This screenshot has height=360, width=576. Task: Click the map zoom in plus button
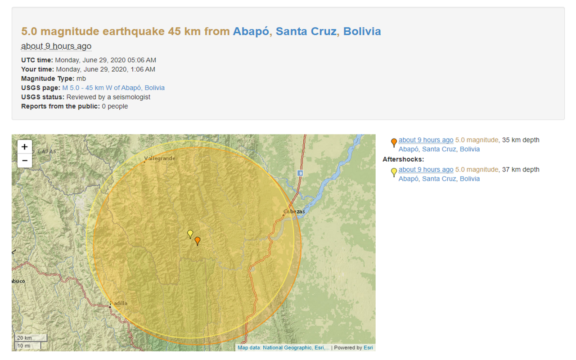coord(24,147)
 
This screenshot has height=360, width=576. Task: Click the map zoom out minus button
coord(24,161)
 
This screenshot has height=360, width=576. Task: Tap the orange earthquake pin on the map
coord(197,241)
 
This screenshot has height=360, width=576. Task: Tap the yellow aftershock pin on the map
coord(190,234)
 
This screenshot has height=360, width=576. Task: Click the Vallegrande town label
coord(160,158)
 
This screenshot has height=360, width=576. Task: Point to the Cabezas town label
coord(294,211)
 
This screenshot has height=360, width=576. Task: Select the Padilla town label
coord(119,303)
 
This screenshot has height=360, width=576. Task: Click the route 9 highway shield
coord(300,173)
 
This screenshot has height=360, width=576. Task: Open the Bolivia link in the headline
coord(362,31)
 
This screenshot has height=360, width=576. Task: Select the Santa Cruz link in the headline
coord(306,31)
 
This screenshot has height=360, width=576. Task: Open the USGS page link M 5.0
coord(113,88)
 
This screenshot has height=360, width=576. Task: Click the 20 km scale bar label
coord(25,338)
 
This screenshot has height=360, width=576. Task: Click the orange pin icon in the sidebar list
coord(394,143)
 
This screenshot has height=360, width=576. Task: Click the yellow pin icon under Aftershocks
coord(394,172)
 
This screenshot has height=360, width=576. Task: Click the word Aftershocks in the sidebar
coord(403,159)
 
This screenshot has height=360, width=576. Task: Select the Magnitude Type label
coord(48,78)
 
